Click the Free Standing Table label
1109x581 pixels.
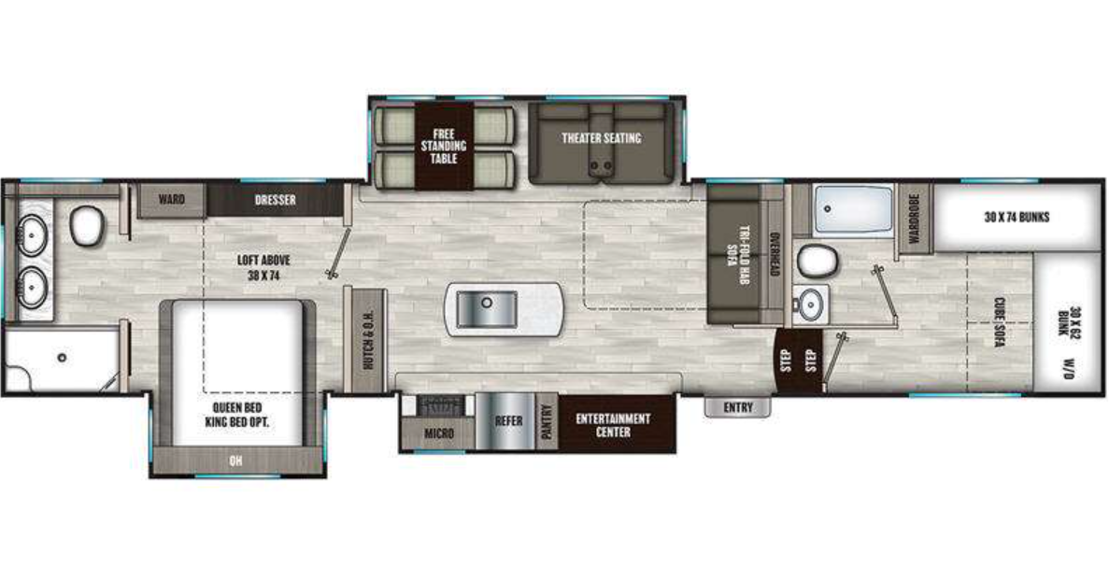pyautogui.click(x=443, y=145)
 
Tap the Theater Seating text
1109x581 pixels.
pyautogui.click(x=601, y=138)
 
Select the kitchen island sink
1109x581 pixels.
pyautogui.click(x=485, y=307)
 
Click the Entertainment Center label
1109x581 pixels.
pyautogui.click(x=613, y=425)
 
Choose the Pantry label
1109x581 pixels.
pyautogui.click(x=547, y=421)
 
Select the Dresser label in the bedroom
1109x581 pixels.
pyautogui.click(x=276, y=200)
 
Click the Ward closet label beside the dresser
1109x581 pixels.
pyautogui.click(x=171, y=200)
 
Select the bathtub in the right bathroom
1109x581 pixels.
pyautogui.click(x=852, y=210)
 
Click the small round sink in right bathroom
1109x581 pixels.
pyautogui.click(x=811, y=303)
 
